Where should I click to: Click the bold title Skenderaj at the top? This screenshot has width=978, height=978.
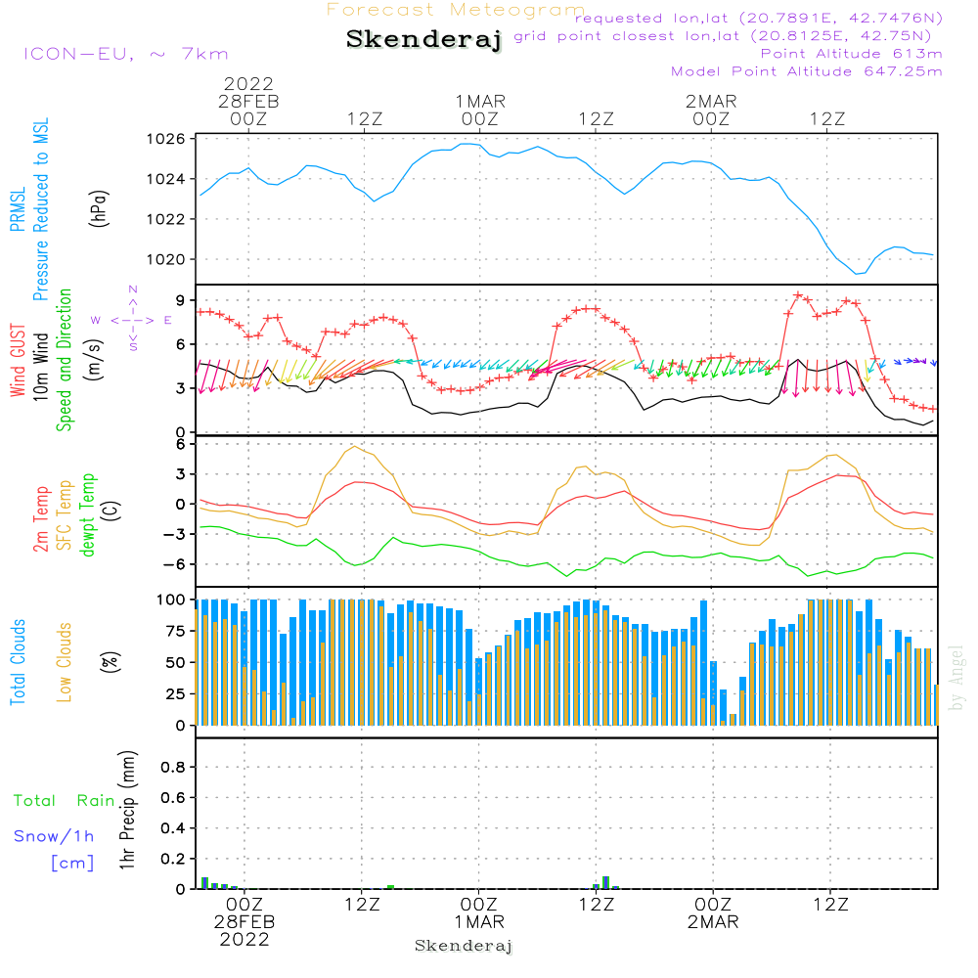click(x=423, y=40)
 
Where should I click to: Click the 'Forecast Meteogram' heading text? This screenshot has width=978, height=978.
click(x=456, y=10)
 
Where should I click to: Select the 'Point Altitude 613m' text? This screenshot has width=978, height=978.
click(x=851, y=53)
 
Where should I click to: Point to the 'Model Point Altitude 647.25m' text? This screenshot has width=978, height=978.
click(x=807, y=71)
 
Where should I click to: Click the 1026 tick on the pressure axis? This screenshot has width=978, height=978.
click(x=167, y=139)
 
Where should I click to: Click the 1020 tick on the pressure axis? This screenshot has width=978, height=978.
click(x=167, y=259)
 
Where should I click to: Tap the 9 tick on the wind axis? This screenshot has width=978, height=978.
click(x=180, y=300)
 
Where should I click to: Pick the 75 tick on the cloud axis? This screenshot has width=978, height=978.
click(x=173, y=631)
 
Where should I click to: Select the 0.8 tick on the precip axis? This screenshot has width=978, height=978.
click(x=172, y=768)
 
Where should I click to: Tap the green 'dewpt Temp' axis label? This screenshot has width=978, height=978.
click(x=88, y=515)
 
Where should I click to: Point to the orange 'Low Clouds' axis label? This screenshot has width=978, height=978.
click(x=65, y=661)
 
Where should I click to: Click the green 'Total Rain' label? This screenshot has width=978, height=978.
click(x=64, y=801)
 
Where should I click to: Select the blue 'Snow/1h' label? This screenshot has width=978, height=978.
click(x=54, y=836)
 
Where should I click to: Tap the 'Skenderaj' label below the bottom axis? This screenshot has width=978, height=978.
click(x=464, y=946)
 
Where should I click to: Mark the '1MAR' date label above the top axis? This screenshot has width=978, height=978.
click(x=479, y=101)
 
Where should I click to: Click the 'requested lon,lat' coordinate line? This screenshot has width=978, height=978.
click(x=758, y=19)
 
